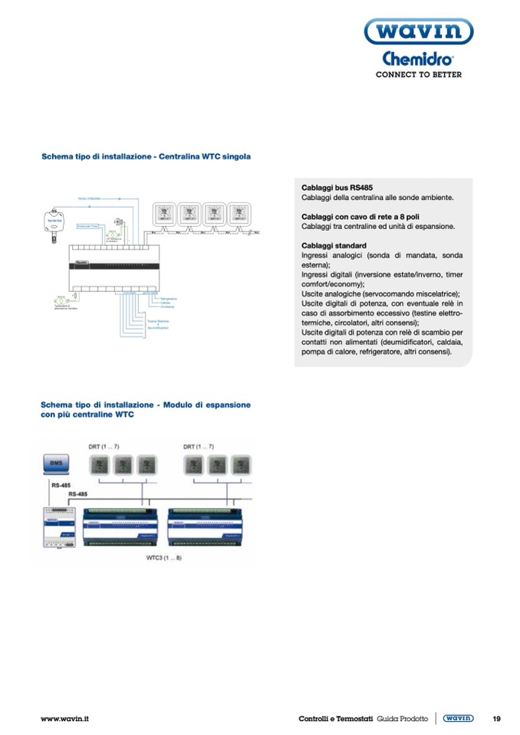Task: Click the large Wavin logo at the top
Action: (418, 32)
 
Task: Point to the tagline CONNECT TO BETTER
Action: (418, 75)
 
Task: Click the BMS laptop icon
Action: (55, 464)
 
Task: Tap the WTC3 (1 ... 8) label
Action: (164, 557)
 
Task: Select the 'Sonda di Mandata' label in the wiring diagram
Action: (91, 198)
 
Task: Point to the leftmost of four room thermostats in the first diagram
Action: (164, 211)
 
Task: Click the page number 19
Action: (496, 719)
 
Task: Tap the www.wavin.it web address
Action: (65, 719)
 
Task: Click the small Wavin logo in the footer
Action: (458, 719)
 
